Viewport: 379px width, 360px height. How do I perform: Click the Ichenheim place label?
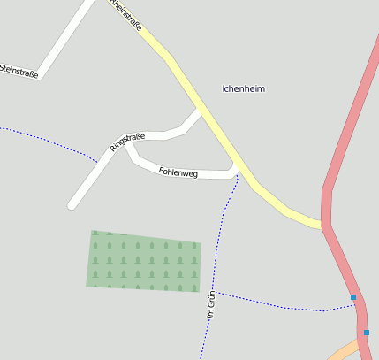coord(244,89)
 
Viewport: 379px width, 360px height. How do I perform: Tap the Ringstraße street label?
coord(126,142)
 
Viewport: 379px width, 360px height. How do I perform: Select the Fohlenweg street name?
coord(178,172)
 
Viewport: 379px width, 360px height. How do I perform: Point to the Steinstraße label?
coord(19,71)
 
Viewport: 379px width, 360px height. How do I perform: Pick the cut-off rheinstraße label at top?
coord(126,13)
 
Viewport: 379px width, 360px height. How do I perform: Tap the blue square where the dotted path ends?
coord(353,297)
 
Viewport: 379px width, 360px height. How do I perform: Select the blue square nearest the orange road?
coord(367,333)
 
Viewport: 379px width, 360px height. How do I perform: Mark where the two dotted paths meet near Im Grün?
coord(216,292)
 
